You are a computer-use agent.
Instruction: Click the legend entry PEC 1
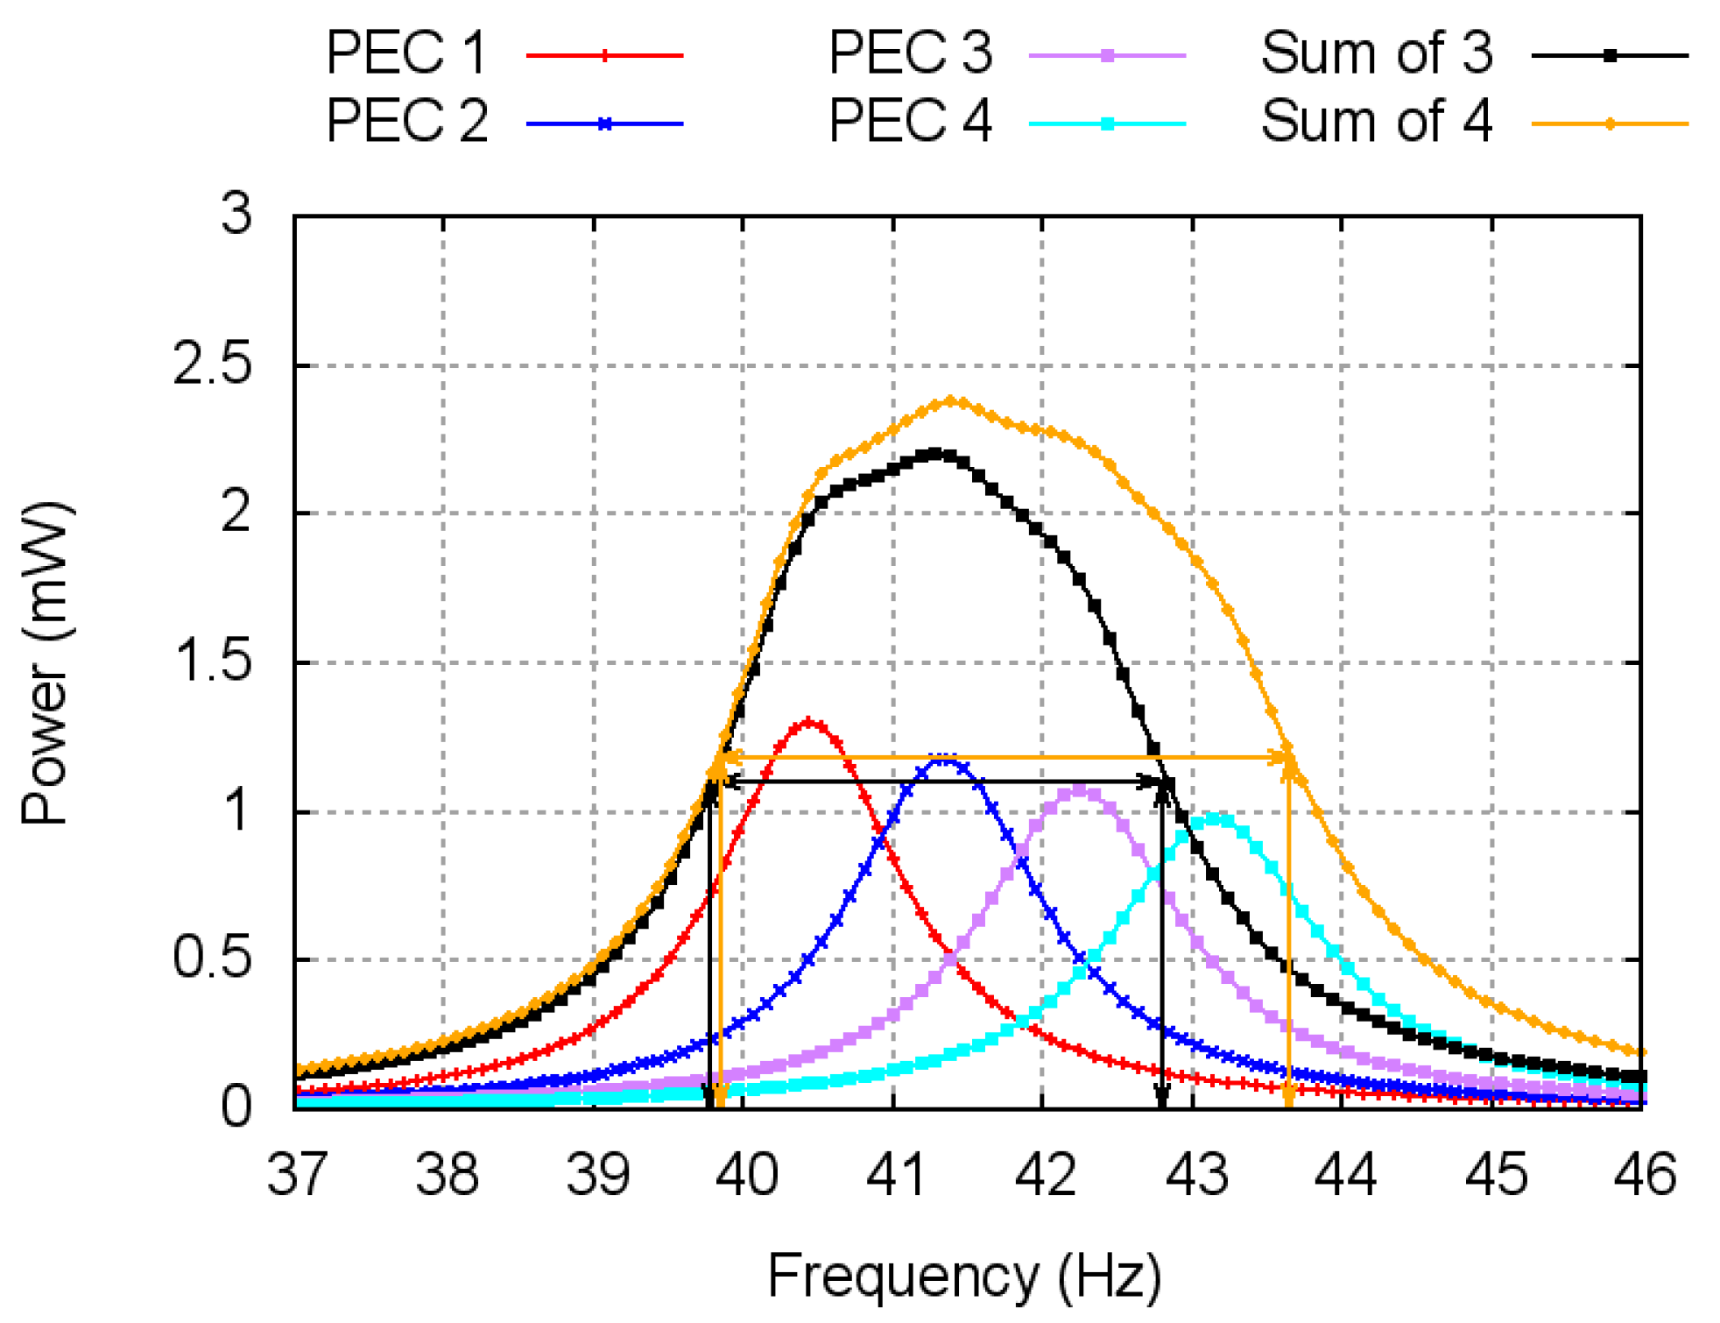pos(406,53)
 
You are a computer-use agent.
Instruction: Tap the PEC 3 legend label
pos(910,53)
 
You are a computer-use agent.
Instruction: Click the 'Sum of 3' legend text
pos(1376,53)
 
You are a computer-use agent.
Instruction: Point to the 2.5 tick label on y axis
pos(213,364)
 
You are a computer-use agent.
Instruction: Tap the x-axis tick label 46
pos(1644,1174)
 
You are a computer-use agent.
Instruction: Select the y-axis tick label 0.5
pos(213,959)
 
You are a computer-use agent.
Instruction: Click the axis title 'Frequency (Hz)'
pos(964,1277)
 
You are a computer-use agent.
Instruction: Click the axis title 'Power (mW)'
pos(44,662)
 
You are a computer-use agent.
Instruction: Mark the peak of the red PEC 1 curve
pos(808,723)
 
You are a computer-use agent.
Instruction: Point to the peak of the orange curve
pos(952,401)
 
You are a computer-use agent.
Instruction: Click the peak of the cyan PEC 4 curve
pos(1216,818)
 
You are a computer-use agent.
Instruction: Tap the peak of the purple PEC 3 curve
pos(1079,790)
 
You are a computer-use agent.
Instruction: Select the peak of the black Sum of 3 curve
pos(936,453)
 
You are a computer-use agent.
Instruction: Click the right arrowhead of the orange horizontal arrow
pos(1285,757)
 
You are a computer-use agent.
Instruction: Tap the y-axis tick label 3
pos(236,213)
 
